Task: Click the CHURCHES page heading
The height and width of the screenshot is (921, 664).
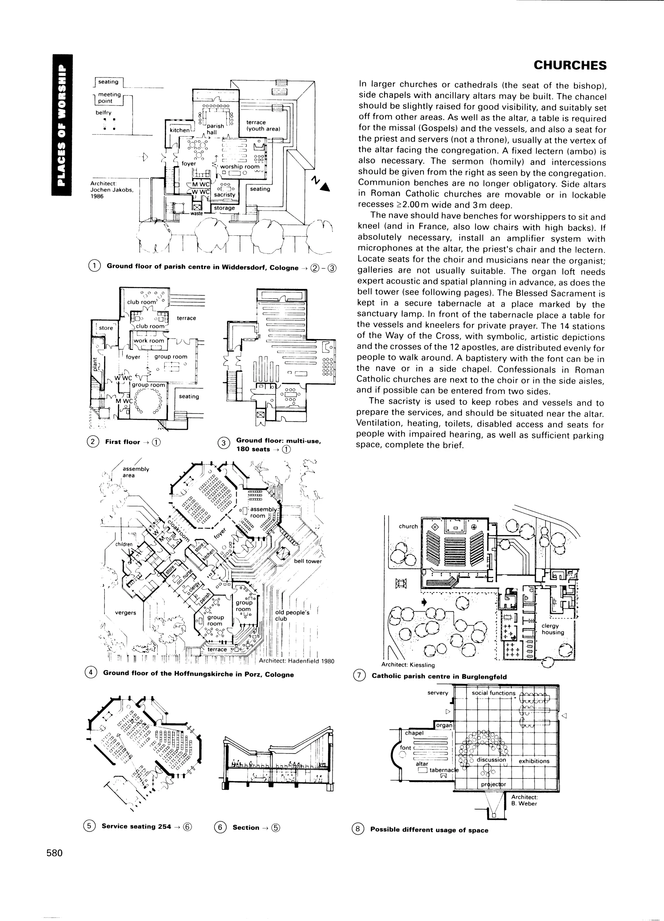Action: click(570, 65)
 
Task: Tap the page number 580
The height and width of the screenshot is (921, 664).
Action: click(54, 853)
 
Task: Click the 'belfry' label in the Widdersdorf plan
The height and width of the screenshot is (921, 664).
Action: click(103, 112)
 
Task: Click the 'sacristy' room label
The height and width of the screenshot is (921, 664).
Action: click(224, 194)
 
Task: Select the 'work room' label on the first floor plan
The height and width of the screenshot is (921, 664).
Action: click(149, 341)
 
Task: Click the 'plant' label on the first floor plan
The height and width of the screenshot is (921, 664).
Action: click(94, 364)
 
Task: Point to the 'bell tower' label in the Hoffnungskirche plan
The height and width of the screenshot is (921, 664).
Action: click(307, 561)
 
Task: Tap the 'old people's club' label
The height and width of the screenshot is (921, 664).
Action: click(292, 615)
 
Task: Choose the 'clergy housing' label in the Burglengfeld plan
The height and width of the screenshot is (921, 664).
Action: click(552, 629)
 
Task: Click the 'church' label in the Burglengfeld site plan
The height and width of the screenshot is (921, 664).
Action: click(408, 526)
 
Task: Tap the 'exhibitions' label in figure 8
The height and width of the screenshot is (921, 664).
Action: click(534, 761)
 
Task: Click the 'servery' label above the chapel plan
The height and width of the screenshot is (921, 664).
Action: click(438, 693)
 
